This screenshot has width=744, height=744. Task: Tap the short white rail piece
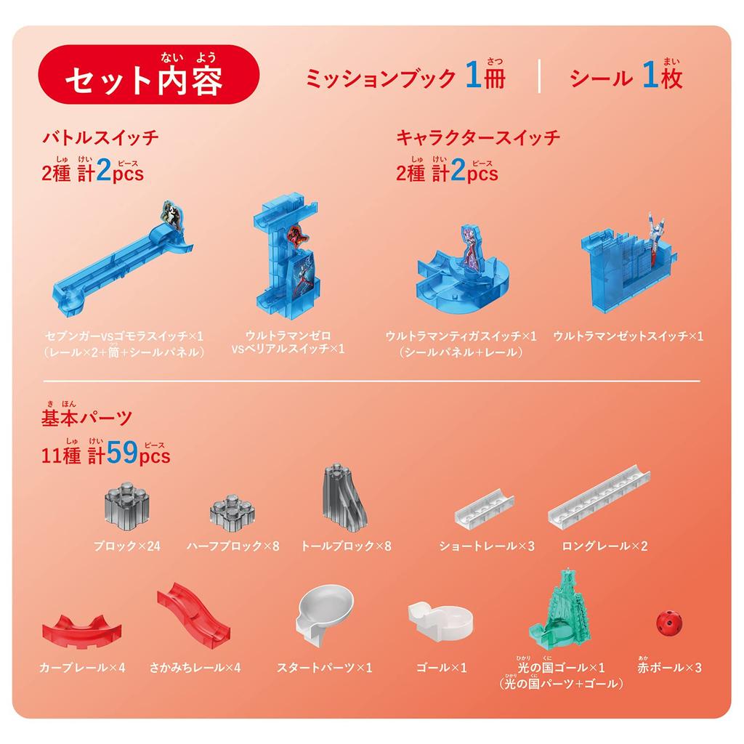(x=485, y=509)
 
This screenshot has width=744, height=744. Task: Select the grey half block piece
(x=233, y=512)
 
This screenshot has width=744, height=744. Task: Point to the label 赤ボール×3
(x=669, y=667)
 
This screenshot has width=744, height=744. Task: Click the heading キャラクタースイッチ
(x=478, y=137)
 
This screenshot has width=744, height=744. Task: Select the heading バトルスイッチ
(x=100, y=137)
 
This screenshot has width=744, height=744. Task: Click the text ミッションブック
(x=381, y=78)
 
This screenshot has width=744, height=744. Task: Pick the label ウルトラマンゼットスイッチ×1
(x=628, y=336)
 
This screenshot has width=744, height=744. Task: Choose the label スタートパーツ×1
(x=324, y=667)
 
